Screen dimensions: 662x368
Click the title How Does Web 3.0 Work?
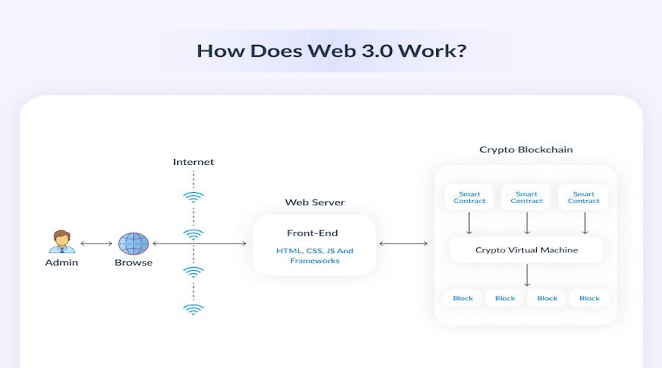click(332, 51)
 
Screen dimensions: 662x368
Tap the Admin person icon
click(62, 241)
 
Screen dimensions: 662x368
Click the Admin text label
click(62, 262)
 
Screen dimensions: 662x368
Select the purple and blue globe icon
click(133, 244)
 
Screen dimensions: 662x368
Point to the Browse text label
click(133, 262)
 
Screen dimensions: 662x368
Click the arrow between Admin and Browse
click(96, 244)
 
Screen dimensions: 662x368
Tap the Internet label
click(193, 162)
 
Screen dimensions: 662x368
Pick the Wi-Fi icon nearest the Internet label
click(193, 197)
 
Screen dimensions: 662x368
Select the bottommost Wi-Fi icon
click(193, 309)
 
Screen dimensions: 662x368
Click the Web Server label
click(315, 202)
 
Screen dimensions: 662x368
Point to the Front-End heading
click(313, 233)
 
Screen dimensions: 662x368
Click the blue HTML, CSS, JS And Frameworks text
click(315, 255)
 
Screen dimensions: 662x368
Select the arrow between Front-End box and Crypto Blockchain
click(404, 244)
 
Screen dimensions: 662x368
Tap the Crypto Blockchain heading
click(526, 149)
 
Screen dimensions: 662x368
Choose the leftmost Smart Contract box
click(469, 197)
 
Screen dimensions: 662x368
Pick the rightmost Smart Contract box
click(583, 197)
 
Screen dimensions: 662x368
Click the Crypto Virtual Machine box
click(526, 250)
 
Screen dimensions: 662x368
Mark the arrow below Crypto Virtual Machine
click(527, 275)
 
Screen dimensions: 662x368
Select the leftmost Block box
click(463, 298)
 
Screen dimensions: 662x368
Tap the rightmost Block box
click(589, 298)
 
